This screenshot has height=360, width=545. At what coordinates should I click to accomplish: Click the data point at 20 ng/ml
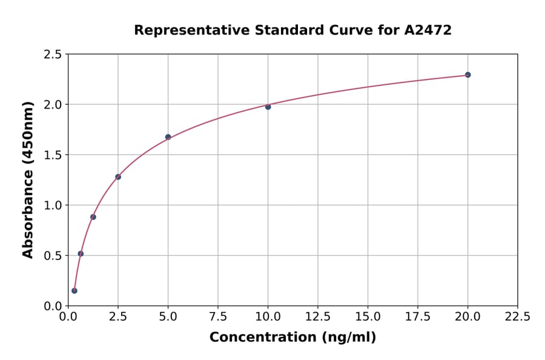pyautogui.click(x=467, y=75)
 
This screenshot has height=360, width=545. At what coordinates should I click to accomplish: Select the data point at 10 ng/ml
pyautogui.click(x=268, y=107)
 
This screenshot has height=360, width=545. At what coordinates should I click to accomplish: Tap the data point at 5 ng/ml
pyautogui.click(x=168, y=137)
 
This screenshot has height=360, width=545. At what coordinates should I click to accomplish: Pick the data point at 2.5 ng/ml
pyautogui.click(x=118, y=177)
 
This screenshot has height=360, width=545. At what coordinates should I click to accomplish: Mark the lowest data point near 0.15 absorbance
pyautogui.click(x=74, y=291)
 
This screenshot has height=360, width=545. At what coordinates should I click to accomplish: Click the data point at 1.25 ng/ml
pyautogui.click(x=93, y=217)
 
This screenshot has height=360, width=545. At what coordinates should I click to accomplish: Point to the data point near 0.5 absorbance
pyautogui.click(x=81, y=254)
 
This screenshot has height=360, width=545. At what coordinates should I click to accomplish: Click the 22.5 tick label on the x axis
pyautogui.click(x=517, y=316)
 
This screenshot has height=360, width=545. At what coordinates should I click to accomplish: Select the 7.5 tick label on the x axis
pyautogui.click(x=218, y=316)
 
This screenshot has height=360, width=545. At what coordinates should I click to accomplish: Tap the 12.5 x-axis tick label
pyautogui.click(x=318, y=316)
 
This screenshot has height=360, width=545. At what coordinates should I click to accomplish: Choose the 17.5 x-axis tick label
pyautogui.click(x=418, y=316)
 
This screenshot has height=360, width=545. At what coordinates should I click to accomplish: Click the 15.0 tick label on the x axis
pyautogui.click(x=368, y=316)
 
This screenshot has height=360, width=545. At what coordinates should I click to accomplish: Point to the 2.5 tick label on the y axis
pyautogui.click(x=53, y=55)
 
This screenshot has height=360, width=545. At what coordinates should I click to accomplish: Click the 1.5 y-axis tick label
pyautogui.click(x=53, y=155)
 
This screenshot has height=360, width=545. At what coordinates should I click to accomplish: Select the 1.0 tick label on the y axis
pyautogui.click(x=53, y=205)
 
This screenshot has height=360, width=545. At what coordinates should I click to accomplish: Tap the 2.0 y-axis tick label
pyautogui.click(x=53, y=105)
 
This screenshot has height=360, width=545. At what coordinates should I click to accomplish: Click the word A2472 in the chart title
pyautogui.click(x=428, y=30)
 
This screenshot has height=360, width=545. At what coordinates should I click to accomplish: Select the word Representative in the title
pyautogui.click(x=187, y=30)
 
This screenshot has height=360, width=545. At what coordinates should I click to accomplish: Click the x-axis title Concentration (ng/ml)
pyautogui.click(x=292, y=338)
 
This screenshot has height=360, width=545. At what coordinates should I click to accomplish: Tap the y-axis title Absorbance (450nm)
pyautogui.click(x=28, y=180)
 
